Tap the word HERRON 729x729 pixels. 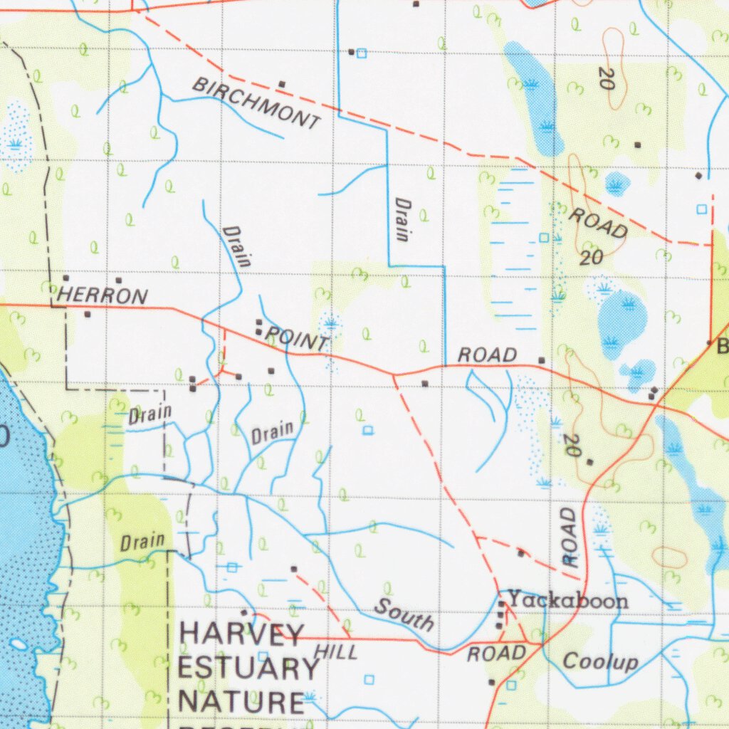[x=103, y=295]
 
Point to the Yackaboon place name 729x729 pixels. [x=567, y=601]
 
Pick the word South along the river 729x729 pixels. [x=404, y=615]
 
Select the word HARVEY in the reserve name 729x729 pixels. [x=242, y=633]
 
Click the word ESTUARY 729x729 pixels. [x=248, y=668]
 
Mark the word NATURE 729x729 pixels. [x=241, y=702]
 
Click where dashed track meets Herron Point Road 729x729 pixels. [x=394, y=374]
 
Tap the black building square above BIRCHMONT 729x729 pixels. [x=281, y=84]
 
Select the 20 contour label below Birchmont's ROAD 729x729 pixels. [x=591, y=258]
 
